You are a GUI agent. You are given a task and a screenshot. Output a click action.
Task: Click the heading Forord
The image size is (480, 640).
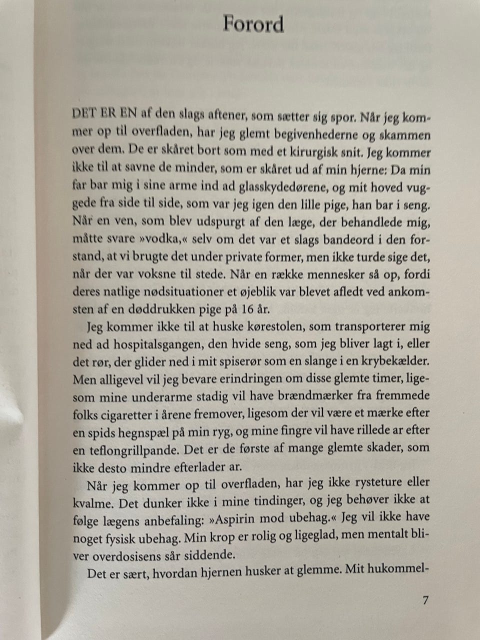point(253,24)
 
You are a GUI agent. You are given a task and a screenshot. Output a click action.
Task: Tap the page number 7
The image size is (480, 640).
point(425,600)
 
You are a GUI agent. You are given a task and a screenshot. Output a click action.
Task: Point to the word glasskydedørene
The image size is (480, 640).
point(280,187)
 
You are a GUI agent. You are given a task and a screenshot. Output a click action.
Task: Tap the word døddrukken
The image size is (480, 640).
point(161,309)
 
